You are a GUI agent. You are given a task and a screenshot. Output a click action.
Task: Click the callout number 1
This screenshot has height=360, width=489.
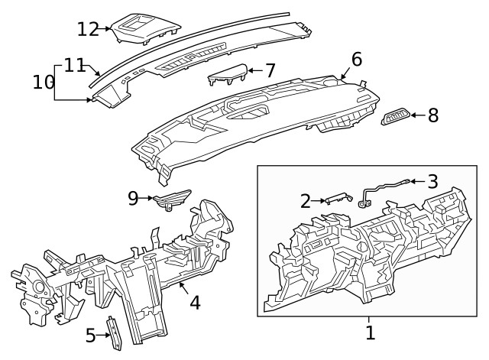coord(370,332)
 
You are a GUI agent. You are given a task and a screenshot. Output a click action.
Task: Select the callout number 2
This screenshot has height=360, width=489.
coord(306,201)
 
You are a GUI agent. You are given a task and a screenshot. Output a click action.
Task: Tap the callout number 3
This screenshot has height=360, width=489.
coord(432,182)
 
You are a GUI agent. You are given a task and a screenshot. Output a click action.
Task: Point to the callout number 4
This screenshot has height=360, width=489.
coord(195,303)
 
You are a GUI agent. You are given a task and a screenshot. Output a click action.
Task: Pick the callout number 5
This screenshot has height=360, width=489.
coord(89,335)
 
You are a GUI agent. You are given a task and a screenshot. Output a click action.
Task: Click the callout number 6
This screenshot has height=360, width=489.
coord(356,60)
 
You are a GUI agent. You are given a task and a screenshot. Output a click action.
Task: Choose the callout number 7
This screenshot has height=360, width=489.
coord(270,71)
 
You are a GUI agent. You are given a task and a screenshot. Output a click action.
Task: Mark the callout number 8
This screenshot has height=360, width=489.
coord(433,115)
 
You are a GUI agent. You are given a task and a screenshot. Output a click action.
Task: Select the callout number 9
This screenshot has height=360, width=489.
coord(133,198)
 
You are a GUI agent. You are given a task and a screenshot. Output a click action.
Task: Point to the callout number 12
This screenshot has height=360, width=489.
coord(88,29)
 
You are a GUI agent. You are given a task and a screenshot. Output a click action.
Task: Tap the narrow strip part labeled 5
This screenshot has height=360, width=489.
coord(114,333)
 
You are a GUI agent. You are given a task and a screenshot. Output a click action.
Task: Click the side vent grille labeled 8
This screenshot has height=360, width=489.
coord(395,116)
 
